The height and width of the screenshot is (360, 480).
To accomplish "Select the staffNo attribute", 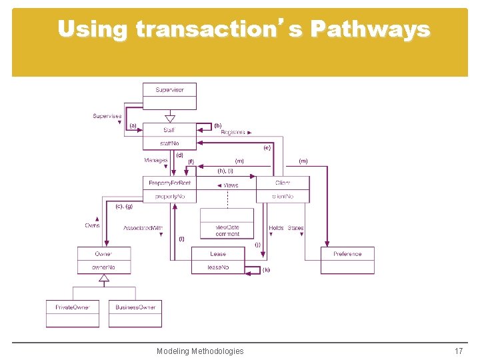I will (x=169, y=143).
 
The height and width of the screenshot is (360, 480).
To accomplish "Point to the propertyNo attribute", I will (x=169, y=197).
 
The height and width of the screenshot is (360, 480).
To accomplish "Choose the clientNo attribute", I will (x=283, y=197).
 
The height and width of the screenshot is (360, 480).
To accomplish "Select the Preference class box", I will (x=347, y=260).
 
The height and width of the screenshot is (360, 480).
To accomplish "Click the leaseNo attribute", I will (x=217, y=267).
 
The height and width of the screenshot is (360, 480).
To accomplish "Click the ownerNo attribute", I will (x=103, y=267).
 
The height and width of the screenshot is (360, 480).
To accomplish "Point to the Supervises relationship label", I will (x=107, y=116).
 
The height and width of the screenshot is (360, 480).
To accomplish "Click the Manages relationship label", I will (x=156, y=161).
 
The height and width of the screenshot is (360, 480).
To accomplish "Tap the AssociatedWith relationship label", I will (x=143, y=228).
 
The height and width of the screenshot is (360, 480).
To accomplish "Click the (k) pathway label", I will (x=266, y=270).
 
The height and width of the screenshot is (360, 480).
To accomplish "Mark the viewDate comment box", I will (x=227, y=230).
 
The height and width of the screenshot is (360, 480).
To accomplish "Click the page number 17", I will (x=458, y=351).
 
